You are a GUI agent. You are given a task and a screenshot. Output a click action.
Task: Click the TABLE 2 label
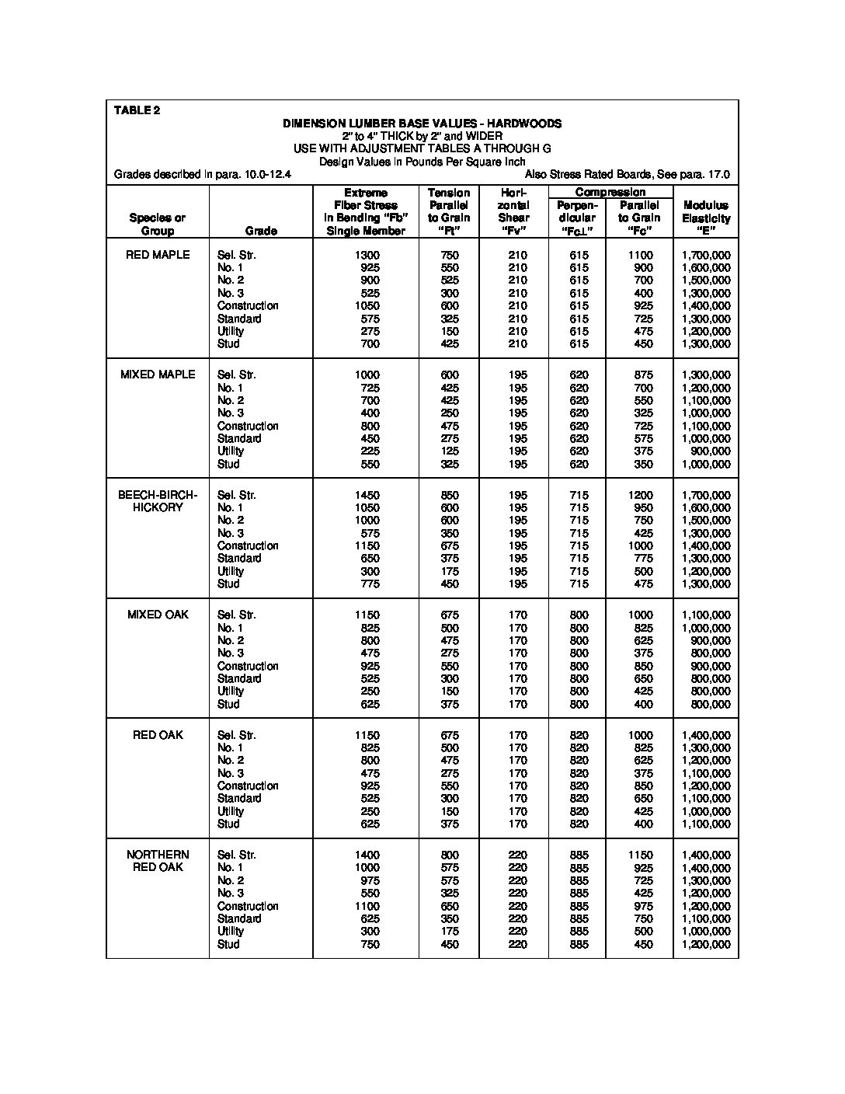pyautogui.click(x=137, y=110)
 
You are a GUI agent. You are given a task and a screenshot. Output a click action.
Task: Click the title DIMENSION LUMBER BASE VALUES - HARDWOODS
pyautogui.click(x=422, y=124)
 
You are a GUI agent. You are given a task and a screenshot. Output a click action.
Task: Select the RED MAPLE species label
pyautogui.click(x=158, y=255)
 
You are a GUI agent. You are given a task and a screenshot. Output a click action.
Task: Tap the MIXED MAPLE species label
pyautogui.click(x=158, y=375)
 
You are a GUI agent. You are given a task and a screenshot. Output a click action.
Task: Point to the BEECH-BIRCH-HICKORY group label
pyautogui.click(x=158, y=501)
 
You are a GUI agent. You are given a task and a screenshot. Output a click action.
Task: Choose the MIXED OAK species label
pyautogui.click(x=158, y=615)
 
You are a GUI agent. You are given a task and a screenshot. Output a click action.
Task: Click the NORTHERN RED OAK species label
pyautogui.click(x=158, y=861)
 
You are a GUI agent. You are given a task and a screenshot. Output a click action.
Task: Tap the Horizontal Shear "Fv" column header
pyautogui.click(x=513, y=211)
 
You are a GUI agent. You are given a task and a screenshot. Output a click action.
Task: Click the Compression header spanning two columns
pyautogui.click(x=610, y=192)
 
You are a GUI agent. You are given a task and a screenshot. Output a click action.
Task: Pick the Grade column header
pyautogui.click(x=261, y=231)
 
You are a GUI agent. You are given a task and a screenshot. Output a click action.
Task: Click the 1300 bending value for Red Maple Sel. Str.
pyautogui.click(x=367, y=255)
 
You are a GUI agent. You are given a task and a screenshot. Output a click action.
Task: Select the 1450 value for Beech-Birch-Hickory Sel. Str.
pyautogui.click(x=367, y=495)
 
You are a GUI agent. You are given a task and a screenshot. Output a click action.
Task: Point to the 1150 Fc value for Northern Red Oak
pyautogui.click(x=641, y=855)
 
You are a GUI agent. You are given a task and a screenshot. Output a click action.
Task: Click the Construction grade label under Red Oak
pyautogui.click(x=248, y=786)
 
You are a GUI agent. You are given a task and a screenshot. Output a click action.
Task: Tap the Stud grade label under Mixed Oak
pyautogui.click(x=228, y=704)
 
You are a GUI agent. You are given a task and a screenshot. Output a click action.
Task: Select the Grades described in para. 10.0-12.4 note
pyautogui.click(x=203, y=175)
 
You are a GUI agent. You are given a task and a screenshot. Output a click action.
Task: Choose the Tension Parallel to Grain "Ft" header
pyautogui.click(x=449, y=211)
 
